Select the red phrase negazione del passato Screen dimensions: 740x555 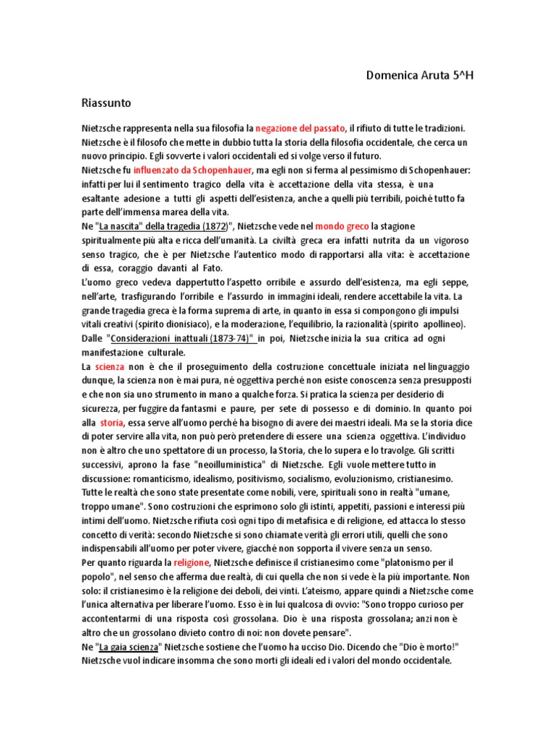pos(301,127)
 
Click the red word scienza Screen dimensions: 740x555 pos(110,366)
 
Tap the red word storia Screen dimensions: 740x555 pos(112,423)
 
